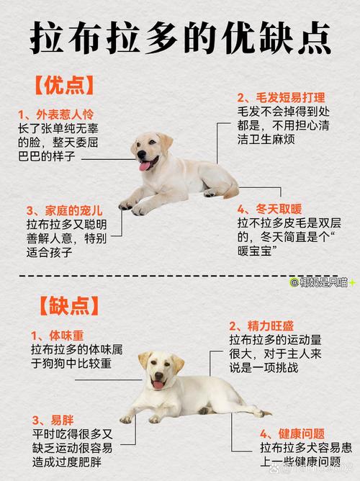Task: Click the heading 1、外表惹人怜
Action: [x=56, y=114]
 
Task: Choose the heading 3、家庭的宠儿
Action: [x=64, y=210]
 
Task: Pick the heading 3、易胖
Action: [x=52, y=419]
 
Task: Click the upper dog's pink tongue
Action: [x=145, y=166]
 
